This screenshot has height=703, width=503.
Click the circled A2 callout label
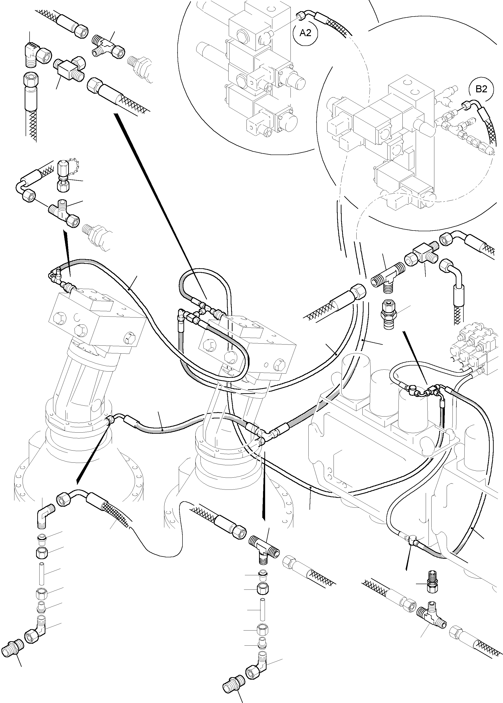pyautogui.click(x=306, y=33)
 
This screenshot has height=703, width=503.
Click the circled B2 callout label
pyautogui.click(x=481, y=89)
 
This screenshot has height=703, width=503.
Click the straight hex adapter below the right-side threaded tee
pyautogui.click(x=388, y=315)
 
